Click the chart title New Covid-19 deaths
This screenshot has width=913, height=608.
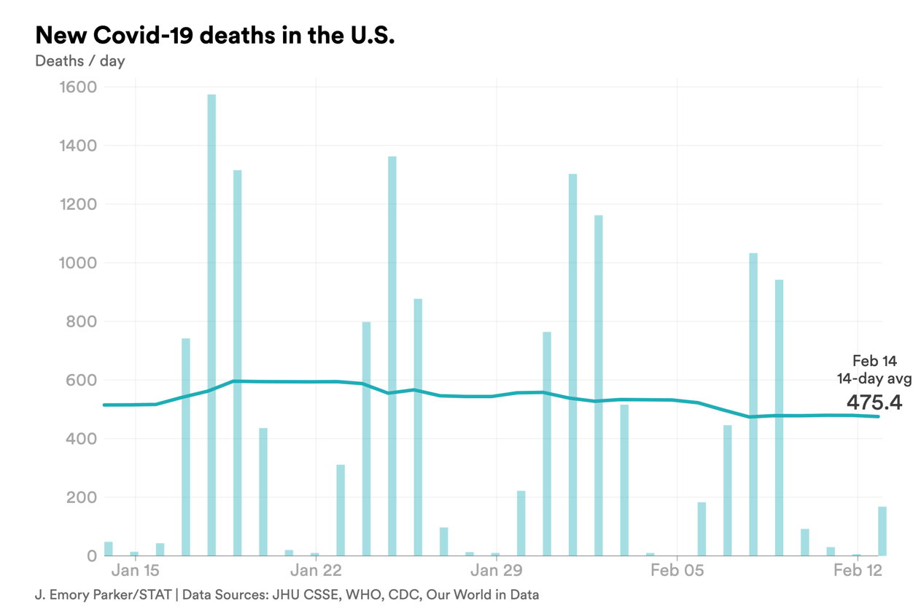[x=214, y=35]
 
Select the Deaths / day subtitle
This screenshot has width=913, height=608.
[x=79, y=61]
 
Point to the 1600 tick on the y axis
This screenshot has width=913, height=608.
[x=77, y=87]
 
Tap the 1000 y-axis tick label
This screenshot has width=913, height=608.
[x=77, y=263]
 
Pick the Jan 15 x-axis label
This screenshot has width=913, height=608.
[x=135, y=569]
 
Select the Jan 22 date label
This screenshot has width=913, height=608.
[x=316, y=569]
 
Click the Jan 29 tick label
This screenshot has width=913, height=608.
[x=496, y=569]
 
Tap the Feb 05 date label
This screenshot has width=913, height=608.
[x=677, y=569]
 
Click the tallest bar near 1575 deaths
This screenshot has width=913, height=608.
[x=211, y=324]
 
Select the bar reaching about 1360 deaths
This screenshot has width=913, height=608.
[x=392, y=356]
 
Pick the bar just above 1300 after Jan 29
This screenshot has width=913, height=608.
[x=572, y=365]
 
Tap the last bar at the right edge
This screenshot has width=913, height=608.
[x=882, y=531]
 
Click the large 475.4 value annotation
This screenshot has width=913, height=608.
[x=874, y=402]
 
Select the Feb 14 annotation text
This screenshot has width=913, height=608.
[x=874, y=361]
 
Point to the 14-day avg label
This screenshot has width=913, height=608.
[x=874, y=378]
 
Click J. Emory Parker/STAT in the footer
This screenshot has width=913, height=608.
[x=103, y=594]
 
